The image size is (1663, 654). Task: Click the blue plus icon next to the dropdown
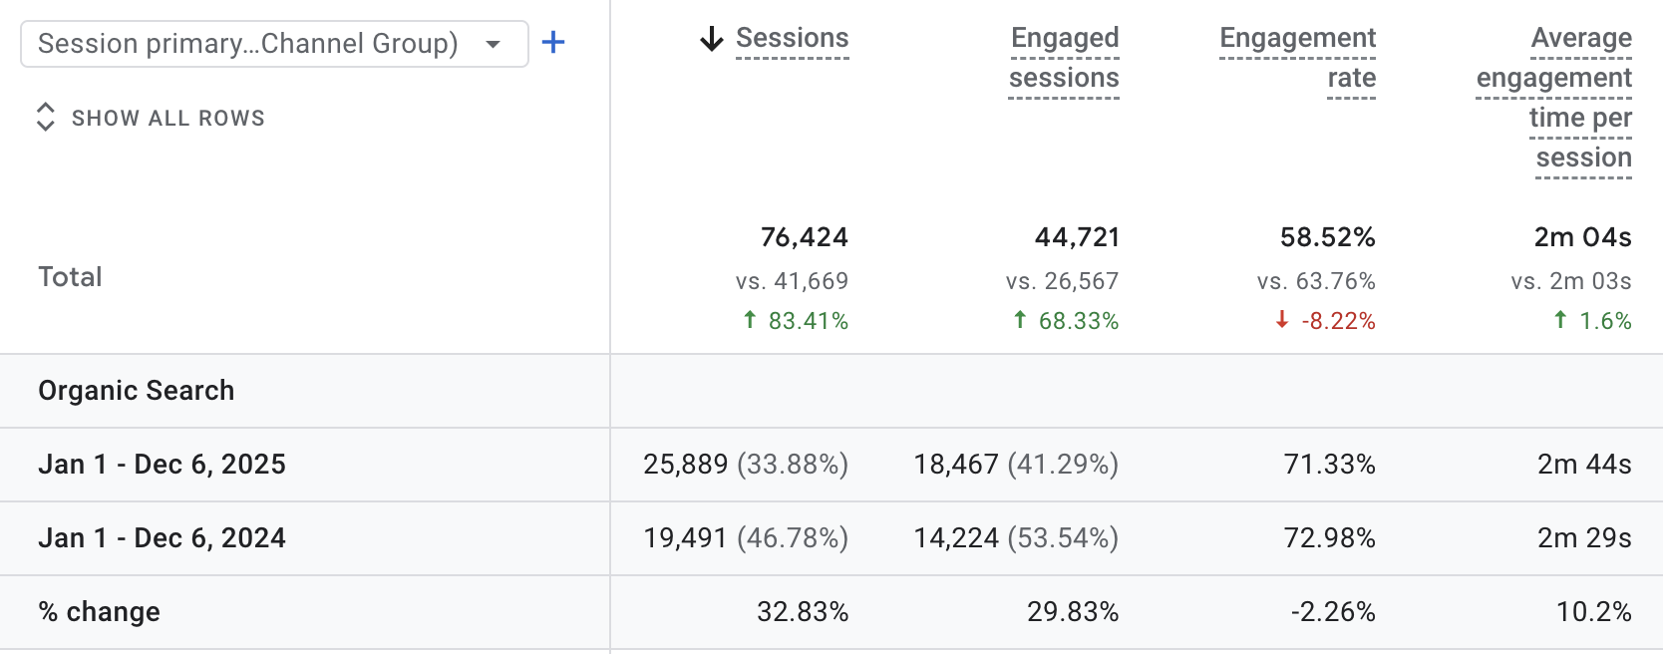553,43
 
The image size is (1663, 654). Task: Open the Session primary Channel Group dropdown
274,44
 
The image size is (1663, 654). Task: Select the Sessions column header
792,38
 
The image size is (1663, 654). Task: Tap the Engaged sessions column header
1064,58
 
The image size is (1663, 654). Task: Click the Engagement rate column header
1297,58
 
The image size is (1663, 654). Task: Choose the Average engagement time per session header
1555,98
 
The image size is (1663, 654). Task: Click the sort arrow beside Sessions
711,39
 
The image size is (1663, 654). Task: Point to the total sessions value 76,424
804,237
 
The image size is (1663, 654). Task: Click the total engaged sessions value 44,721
1077,237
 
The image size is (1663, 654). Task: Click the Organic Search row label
137,391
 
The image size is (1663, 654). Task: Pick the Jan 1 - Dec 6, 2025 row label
163,465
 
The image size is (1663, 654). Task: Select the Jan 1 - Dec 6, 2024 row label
163,538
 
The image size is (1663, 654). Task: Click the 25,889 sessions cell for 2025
686,465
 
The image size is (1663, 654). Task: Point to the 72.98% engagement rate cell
1329,538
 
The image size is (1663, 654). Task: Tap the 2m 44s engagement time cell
1584,465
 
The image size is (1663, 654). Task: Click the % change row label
100,612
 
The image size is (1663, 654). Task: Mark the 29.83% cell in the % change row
1073,612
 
